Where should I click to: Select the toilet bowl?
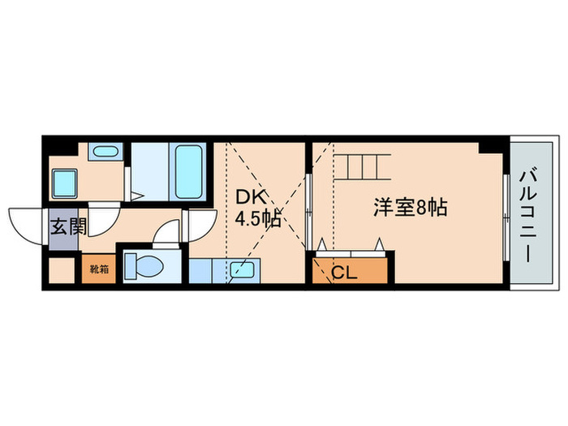(148, 266)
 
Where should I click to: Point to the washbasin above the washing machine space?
(104, 152)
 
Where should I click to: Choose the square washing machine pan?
(65, 183)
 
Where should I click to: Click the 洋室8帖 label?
(411, 208)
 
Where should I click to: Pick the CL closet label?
(343, 273)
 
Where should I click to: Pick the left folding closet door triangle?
(322, 244)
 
